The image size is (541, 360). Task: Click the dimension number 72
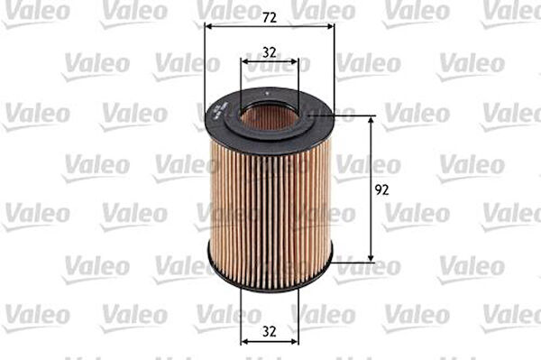click(x=269, y=18)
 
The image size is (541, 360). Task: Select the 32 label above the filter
click(x=269, y=52)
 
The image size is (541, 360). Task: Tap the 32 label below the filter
click(x=269, y=331)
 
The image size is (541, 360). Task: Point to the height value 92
click(x=381, y=189)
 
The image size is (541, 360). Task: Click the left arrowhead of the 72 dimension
click(x=207, y=26)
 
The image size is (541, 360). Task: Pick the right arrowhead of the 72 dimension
click(x=331, y=26)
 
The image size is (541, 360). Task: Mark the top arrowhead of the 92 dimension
click(x=371, y=119)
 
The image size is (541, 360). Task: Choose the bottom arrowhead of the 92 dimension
click(x=371, y=258)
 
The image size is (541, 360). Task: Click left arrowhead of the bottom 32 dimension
click(x=244, y=342)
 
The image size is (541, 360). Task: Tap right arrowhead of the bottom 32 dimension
click(x=295, y=342)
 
